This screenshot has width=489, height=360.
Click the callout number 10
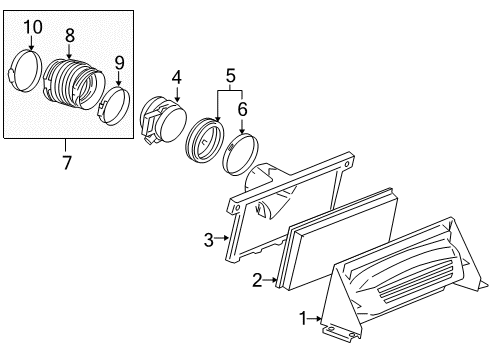click(x=32, y=25)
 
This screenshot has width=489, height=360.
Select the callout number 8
click(x=69, y=34)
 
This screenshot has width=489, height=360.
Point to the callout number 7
click(x=68, y=162)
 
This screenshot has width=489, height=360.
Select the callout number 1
click(x=302, y=318)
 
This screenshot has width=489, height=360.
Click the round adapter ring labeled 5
click(x=206, y=140)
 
